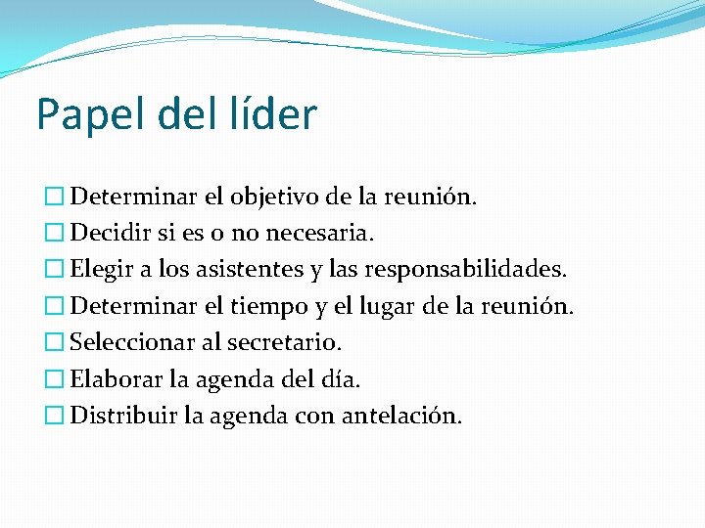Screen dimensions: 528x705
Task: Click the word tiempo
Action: [271, 306]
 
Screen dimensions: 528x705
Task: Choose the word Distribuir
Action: [121, 415]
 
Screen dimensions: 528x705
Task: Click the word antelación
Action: [401, 415]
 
